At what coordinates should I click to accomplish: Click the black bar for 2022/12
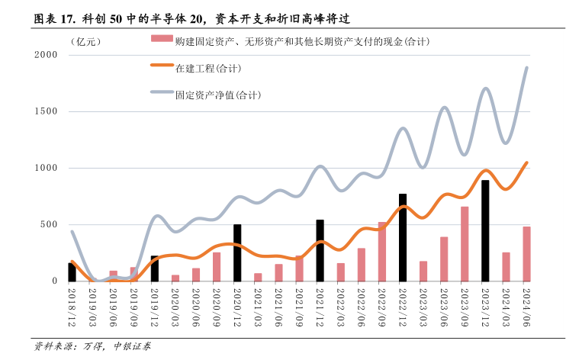coord(403,237)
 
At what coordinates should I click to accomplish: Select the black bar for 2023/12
coord(485,230)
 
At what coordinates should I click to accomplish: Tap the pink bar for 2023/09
coord(465,243)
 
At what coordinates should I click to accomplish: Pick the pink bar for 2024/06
coord(526,253)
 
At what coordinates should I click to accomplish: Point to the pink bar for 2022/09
coord(382,252)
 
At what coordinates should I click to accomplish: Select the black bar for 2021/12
coord(320,250)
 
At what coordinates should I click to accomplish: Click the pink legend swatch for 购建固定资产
coord(161,40)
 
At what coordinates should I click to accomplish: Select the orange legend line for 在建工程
coord(161,67)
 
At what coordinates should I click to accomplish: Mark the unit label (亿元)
coord(84,40)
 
